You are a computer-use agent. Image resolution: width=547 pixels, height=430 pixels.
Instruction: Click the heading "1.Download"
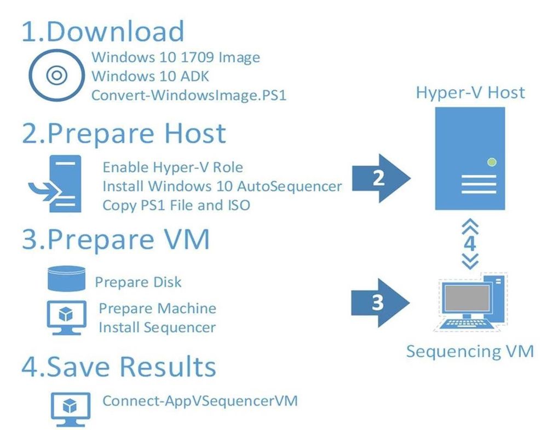(x=103, y=31)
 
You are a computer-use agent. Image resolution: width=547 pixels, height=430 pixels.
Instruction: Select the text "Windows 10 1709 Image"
(x=176, y=57)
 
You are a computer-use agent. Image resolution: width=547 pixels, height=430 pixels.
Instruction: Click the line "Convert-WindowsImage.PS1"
(x=189, y=95)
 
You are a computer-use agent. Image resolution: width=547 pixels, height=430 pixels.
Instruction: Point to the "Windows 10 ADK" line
(x=151, y=76)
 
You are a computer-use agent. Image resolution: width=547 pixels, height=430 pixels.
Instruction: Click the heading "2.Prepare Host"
(x=124, y=134)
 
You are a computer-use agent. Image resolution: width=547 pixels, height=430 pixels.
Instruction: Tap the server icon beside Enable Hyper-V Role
(x=55, y=184)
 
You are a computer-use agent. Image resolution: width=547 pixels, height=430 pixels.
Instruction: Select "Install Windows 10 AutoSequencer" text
(x=222, y=186)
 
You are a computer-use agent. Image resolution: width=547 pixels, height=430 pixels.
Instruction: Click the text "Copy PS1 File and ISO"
(x=176, y=205)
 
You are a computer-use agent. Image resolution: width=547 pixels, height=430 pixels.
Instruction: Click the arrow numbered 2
(x=381, y=178)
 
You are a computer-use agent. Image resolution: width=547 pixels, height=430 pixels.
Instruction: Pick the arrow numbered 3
(x=380, y=303)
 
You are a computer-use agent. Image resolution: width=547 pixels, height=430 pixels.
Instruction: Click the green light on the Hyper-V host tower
(x=492, y=162)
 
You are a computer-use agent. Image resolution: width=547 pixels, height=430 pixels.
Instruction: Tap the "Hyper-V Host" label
(x=470, y=92)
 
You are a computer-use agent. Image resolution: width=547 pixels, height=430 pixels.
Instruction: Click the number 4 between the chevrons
(x=470, y=243)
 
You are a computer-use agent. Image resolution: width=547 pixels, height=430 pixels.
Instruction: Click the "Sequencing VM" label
(x=470, y=351)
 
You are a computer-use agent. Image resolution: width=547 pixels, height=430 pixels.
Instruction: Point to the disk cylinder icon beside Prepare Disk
(x=66, y=278)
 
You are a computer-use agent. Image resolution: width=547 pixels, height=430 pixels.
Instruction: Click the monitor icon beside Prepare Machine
(x=67, y=317)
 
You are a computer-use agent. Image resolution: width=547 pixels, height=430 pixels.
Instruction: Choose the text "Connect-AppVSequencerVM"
(x=200, y=400)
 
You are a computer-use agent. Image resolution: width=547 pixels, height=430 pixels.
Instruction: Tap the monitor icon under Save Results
(x=71, y=409)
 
